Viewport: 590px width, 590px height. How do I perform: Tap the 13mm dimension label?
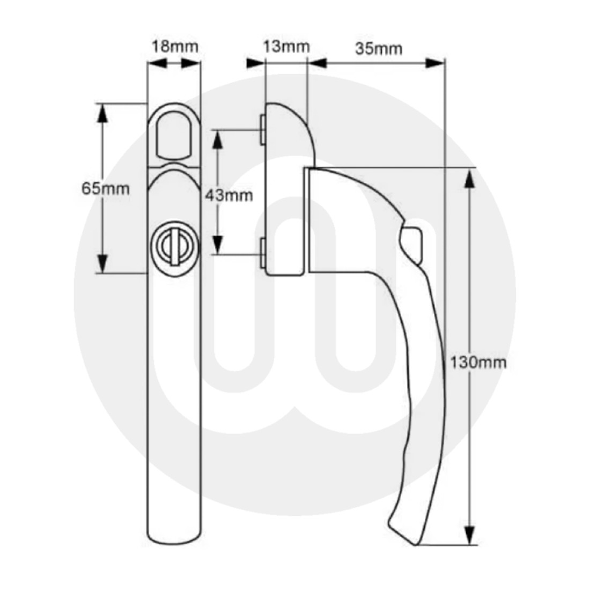pyautogui.click(x=287, y=47)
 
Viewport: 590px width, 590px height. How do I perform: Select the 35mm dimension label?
pyautogui.click(x=378, y=48)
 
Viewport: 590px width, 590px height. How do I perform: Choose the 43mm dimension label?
pyautogui.click(x=229, y=195)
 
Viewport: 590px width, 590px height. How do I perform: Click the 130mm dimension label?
pyautogui.click(x=477, y=362)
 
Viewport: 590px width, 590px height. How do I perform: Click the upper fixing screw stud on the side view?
pyautogui.click(x=262, y=129)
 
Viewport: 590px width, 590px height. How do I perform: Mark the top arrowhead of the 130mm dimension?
pyautogui.click(x=469, y=178)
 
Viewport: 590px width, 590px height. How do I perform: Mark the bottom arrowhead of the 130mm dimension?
pyautogui.click(x=469, y=535)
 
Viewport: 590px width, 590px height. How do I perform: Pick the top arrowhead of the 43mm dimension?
pyautogui.click(x=217, y=139)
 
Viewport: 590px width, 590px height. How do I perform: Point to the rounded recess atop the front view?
pyautogui.click(x=173, y=134)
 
